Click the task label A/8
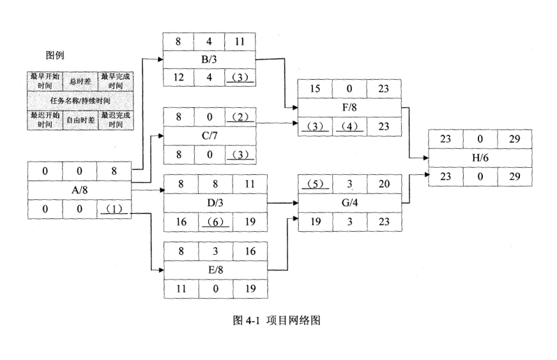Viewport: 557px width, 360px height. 79,191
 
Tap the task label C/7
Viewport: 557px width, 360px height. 210,136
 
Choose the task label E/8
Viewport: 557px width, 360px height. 215,269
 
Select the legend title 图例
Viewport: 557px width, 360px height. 54,56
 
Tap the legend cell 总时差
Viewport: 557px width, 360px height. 79,81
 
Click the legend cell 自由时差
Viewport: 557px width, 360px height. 79,119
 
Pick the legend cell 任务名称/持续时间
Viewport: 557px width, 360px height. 79,101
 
